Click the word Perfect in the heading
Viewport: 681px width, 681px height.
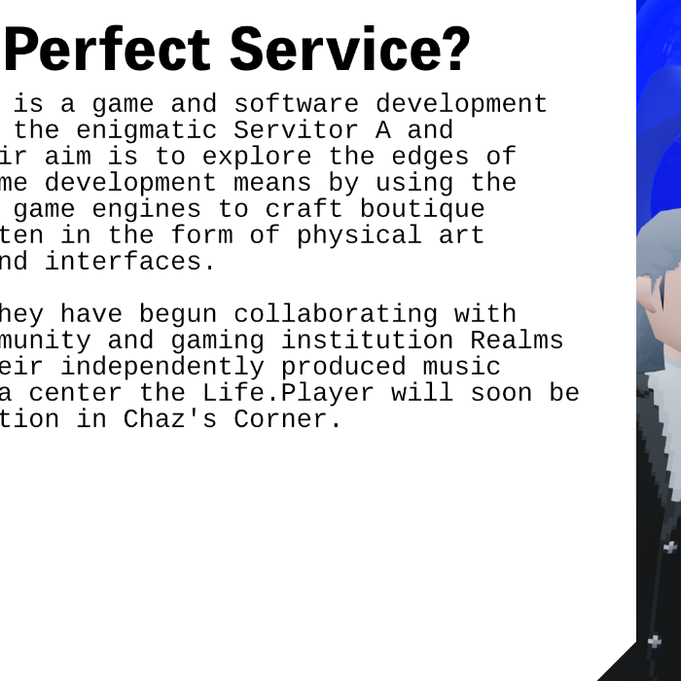(x=107, y=51)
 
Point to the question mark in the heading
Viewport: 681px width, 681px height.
(x=451, y=51)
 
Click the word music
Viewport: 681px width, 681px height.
(x=463, y=367)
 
